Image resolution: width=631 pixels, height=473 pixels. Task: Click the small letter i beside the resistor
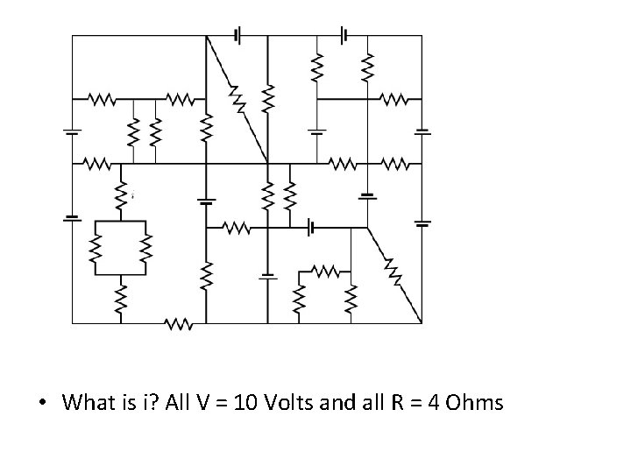(131, 197)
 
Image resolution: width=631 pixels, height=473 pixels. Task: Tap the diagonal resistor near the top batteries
(238, 99)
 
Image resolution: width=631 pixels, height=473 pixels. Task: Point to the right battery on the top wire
(345, 35)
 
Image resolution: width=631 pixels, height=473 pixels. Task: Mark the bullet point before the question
(42, 404)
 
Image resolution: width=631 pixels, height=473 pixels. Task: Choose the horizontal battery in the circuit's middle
(311, 228)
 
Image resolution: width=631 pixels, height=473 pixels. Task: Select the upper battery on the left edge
(72, 131)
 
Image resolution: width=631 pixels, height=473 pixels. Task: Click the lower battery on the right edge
(422, 222)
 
